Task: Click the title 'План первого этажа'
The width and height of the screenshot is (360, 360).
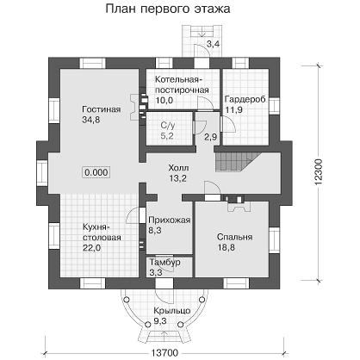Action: (x=168, y=9)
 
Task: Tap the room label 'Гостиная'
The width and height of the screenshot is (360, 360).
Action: (x=102, y=109)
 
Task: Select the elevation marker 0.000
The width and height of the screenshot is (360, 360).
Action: (x=96, y=172)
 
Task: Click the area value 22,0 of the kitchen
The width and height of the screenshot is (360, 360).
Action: (x=92, y=247)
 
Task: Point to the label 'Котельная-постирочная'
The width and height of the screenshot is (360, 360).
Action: (x=182, y=84)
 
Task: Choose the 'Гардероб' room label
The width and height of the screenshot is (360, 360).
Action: (x=245, y=99)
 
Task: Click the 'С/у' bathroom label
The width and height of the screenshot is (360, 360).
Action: (x=168, y=125)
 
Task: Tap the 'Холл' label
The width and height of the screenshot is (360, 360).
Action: (x=178, y=168)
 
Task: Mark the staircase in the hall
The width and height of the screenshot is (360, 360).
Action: (x=238, y=162)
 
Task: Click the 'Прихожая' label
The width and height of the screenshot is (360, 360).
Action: (x=170, y=220)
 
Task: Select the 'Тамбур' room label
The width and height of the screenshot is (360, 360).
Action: (x=164, y=262)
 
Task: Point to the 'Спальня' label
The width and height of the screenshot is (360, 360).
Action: (x=234, y=237)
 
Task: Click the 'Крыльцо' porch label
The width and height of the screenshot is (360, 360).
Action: (x=171, y=311)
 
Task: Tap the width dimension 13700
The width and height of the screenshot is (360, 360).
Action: (x=164, y=353)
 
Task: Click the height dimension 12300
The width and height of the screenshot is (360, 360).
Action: (x=320, y=172)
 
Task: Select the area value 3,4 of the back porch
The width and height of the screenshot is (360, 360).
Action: (x=214, y=44)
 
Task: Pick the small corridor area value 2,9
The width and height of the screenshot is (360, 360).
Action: (x=210, y=137)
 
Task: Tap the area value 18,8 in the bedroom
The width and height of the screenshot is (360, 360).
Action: (x=227, y=247)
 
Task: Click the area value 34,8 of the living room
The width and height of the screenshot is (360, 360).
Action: (x=91, y=120)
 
